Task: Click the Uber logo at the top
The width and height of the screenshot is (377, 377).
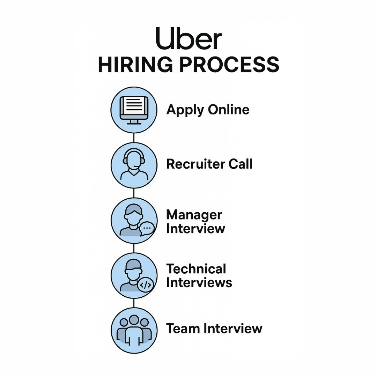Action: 188,39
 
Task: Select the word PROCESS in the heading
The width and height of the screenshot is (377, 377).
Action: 229,65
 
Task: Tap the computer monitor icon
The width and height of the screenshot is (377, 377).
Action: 134,110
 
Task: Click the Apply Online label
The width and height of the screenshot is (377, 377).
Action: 208,110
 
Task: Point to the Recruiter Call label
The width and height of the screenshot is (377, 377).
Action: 209,164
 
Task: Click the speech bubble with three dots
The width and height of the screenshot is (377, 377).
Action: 147,228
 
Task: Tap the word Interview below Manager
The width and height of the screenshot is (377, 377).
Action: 195,229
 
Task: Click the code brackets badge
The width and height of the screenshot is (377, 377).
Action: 145,285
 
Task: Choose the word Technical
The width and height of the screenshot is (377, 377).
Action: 196,269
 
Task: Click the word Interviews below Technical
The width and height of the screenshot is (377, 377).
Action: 199,282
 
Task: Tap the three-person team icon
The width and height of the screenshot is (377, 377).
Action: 134,330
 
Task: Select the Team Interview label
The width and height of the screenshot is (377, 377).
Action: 214,328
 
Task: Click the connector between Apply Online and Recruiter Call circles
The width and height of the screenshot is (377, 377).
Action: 134,138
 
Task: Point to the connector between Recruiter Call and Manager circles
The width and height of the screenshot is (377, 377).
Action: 134,193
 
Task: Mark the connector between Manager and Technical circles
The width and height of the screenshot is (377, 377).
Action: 134,248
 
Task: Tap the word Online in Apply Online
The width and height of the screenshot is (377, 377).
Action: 229,110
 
